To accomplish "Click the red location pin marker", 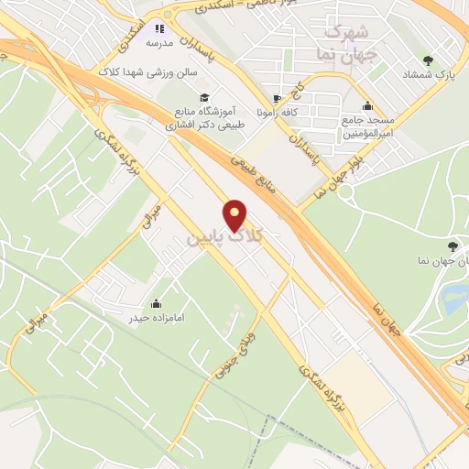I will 235,214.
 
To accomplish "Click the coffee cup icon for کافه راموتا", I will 278,99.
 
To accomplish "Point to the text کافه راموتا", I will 278,115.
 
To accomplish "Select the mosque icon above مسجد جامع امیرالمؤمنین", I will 367,105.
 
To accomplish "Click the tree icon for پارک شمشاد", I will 428,60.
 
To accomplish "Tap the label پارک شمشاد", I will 428,74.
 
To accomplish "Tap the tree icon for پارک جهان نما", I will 452,245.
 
